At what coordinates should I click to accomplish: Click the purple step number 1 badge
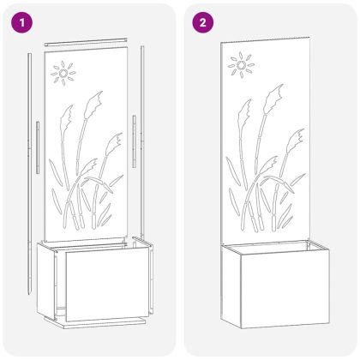(22, 22)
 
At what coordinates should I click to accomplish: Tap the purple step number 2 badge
(202, 22)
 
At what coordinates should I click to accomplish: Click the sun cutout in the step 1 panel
(63, 74)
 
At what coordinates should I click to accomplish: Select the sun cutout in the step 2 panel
(241, 65)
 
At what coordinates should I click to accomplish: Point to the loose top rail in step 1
(85, 42)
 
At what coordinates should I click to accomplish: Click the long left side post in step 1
(29, 174)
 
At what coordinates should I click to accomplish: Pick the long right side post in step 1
(142, 143)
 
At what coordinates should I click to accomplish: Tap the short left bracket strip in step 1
(38, 147)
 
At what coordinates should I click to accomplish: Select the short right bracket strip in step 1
(134, 141)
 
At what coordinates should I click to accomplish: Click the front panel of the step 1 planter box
(107, 284)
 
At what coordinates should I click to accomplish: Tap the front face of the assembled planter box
(285, 289)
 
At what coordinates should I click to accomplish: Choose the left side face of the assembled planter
(231, 285)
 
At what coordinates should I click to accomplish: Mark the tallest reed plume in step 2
(273, 98)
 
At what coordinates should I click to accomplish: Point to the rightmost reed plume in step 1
(114, 145)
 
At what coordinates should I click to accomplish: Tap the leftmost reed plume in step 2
(244, 114)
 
